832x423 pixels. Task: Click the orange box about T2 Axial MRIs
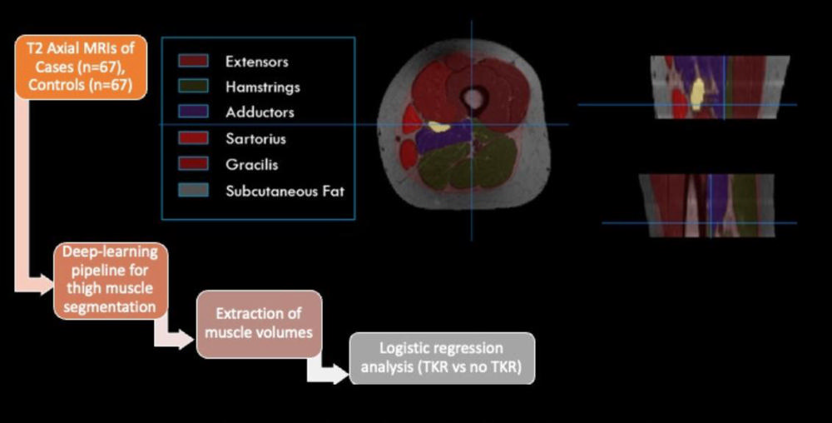tap(81, 67)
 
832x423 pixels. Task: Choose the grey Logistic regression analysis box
tap(441, 358)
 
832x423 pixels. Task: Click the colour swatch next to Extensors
tap(192, 62)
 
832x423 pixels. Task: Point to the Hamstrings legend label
tap(262, 87)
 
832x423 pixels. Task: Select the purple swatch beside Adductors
tap(192, 112)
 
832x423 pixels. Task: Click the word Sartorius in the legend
tap(255, 139)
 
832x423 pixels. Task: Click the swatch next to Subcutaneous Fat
tap(192, 191)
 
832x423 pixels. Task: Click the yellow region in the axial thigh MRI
tap(438, 127)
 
